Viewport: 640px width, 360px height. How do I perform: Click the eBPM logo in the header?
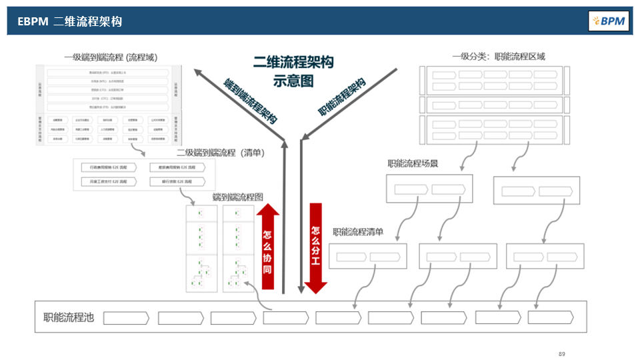point(608,21)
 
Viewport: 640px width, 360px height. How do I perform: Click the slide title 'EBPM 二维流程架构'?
point(70,21)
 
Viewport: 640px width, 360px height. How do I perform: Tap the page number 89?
point(561,353)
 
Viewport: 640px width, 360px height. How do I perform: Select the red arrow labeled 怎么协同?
point(267,247)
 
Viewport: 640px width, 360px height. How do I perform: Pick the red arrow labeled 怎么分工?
point(315,248)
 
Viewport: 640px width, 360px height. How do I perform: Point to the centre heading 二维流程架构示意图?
point(293,71)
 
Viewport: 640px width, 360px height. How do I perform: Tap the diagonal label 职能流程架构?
point(341,97)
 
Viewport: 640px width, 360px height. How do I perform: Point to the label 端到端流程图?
point(238,197)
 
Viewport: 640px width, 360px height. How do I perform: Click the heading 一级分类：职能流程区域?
point(498,57)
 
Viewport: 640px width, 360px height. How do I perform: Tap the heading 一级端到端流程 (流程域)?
point(111,57)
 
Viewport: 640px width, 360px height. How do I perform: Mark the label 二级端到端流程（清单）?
point(221,153)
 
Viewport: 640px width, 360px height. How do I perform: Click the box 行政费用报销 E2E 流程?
point(108,167)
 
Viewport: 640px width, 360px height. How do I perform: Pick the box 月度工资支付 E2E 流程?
point(108,181)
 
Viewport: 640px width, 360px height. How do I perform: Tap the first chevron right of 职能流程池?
point(126,317)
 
